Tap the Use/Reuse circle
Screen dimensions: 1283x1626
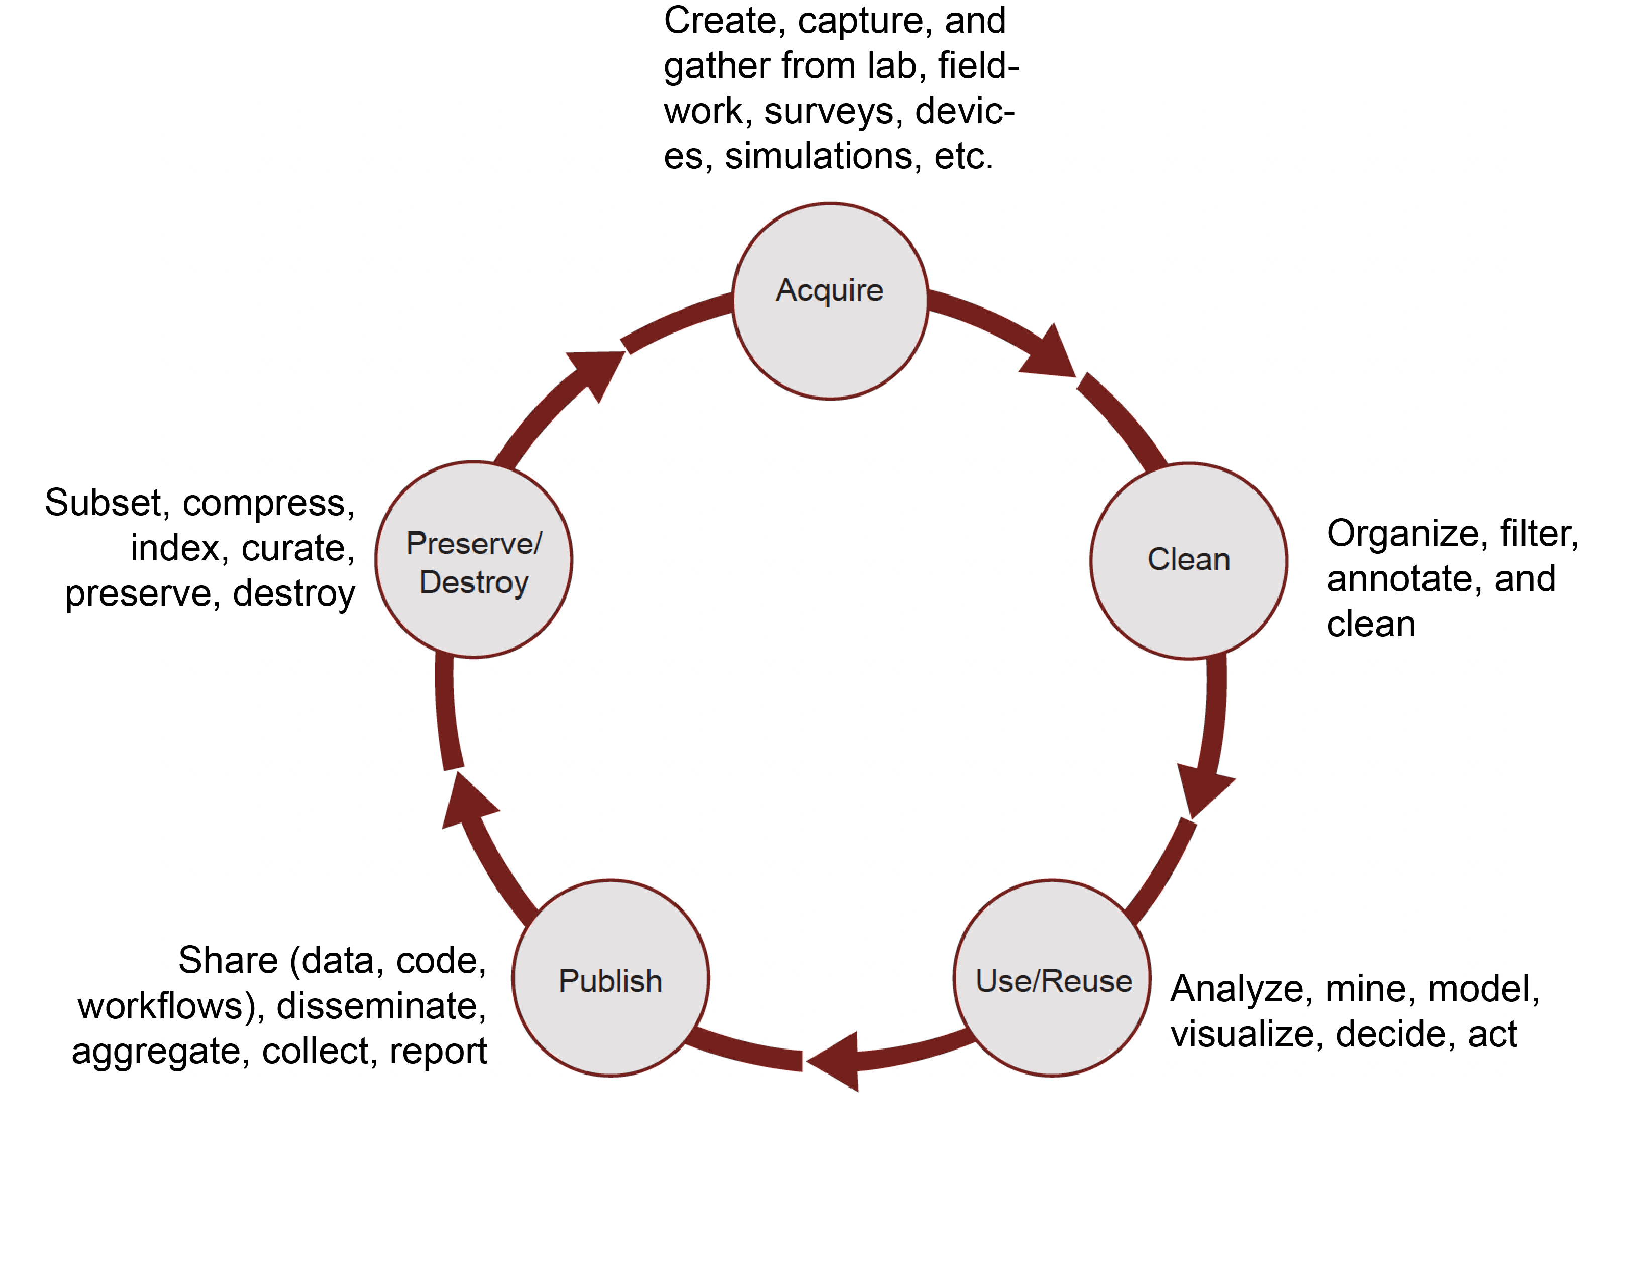pyautogui.click(x=1052, y=977)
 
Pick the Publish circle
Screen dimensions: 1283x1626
pyautogui.click(x=610, y=977)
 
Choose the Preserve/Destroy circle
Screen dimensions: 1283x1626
pyautogui.click(x=473, y=560)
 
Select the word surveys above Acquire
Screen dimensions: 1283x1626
pyautogui.click(x=834, y=111)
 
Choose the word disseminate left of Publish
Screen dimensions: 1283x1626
pyautogui.click(x=381, y=1006)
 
